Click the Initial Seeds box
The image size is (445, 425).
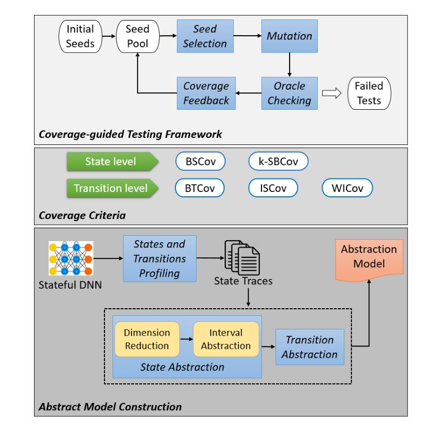(80, 36)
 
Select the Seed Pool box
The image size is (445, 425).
(137, 36)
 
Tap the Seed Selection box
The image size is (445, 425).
(205, 36)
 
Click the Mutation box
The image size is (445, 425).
(289, 36)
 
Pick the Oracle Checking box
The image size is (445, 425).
(289, 93)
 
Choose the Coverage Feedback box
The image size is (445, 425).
(205, 93)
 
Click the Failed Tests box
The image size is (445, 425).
(369, 93)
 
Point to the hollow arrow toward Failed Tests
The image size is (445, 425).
(331, 93)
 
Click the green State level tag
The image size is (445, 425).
(111, 161)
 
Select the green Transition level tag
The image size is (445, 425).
(111, 188)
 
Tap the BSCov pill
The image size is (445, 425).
(200, 161)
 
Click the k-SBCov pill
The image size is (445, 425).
(278, 161)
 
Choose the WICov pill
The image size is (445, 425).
(348, 188)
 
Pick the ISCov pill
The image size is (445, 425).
(273, 188)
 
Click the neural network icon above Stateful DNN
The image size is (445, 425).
(71, 258)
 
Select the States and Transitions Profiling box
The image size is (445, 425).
(159, 258)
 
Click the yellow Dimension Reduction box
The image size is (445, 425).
(147, 339)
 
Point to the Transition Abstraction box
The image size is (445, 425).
(310, 347)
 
